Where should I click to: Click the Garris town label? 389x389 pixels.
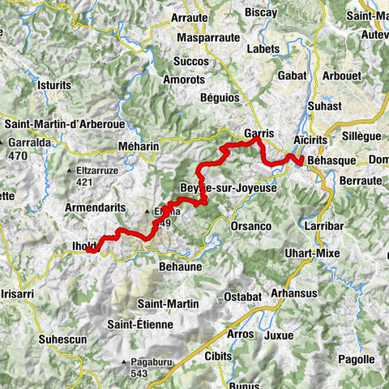[x=257, y=131]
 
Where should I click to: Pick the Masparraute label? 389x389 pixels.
[x=206, y=37]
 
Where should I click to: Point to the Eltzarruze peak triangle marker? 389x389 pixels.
[x=70, y=171]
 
